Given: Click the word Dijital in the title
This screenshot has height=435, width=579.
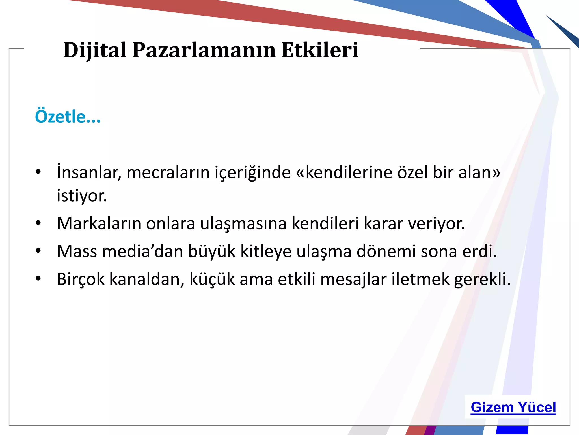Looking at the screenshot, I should point(95,50).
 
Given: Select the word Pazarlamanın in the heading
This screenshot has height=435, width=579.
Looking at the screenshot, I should point(204,50).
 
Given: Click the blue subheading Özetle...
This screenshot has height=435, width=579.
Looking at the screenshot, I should point(67,117).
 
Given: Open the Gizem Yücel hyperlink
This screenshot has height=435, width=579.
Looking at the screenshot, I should point(513,408).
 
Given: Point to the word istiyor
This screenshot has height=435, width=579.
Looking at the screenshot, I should point(82,196).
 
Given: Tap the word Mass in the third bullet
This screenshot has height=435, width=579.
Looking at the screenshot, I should point(77,251).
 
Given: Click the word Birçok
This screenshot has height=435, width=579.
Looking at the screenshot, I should point(81,279).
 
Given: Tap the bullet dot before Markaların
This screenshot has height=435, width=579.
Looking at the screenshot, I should point(38,223).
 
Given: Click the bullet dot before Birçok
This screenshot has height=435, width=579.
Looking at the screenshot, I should point(38,279).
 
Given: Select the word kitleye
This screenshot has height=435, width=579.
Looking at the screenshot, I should point(266,251).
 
